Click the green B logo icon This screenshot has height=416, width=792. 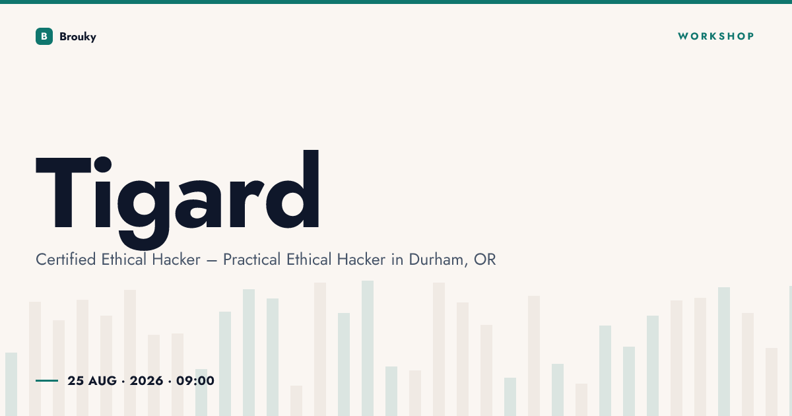coord(44,36)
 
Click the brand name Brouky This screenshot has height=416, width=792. coord(78,37)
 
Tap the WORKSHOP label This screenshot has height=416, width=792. coord(716,36)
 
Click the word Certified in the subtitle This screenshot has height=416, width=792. coord(66,260)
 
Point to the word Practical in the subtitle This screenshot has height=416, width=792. coord(251,260)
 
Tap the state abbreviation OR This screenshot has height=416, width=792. coord(484,260)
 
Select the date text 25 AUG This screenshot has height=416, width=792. coord(92,380)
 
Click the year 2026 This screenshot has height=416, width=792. coord(147,380)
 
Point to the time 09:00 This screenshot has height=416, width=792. coord(195,380)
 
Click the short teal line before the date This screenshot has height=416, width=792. coord(47,380)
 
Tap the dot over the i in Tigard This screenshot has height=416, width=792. coord(102,164)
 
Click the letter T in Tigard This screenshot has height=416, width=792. coord(63,193)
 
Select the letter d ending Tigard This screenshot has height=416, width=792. coord(292,190)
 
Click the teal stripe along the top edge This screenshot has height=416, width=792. coord(396,2)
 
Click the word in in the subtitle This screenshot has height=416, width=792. coord(397,260)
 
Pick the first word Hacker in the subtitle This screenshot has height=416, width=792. coord(176,260)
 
